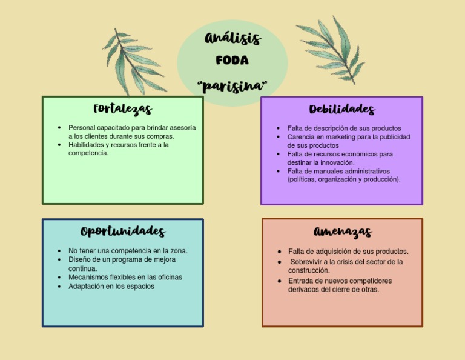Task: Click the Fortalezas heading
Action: [123, 110]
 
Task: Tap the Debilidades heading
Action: [341, 110]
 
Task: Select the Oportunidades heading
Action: [123, 232]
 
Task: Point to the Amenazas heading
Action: [343, 232]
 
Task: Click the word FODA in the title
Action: [232, 61]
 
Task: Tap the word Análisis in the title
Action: [232, 39]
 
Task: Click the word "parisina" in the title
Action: [232, 85]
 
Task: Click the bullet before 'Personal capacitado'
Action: [59, 128]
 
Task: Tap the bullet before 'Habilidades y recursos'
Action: [59, 145]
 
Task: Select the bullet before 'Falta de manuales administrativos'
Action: [279, 171]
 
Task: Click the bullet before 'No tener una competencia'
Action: [59, 251]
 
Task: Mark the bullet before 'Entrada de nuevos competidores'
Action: [279, 281]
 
